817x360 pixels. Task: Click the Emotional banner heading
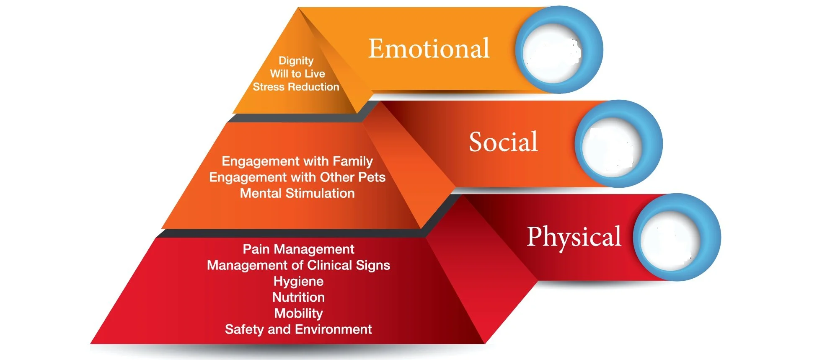[x=429, y=49]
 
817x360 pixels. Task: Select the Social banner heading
[x=503, y=142]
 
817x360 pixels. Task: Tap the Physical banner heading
[x=574, y=237]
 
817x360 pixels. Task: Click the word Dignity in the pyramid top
[x=296, y=61]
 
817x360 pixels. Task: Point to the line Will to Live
[x=297, y=74]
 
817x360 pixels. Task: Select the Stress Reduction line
[x=296, y=87]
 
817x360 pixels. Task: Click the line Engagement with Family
[x=297, y=161]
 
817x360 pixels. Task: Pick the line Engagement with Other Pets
[x=297, y=177]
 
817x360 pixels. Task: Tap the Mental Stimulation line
[x=297, y=193]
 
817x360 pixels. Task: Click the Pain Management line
[x=298, y=249]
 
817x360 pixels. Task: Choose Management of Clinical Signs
[x=298, y=265]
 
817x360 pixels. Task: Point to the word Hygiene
[x=298, y=281]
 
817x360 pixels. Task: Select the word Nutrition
[x=298, y=297]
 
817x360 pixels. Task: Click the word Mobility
[x=298, y=313]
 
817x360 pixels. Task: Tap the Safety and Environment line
[x=298, y=329]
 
